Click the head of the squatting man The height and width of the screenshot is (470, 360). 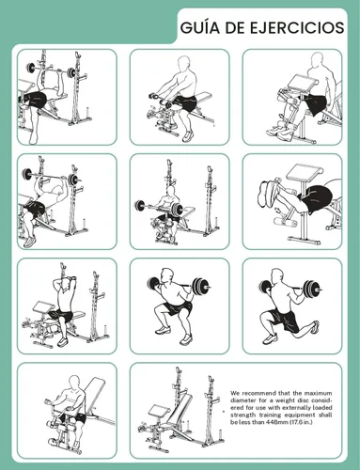(x=167, y=276)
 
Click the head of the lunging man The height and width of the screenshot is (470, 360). (x=276, y=276)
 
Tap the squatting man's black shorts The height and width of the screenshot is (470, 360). (x=178, y=308)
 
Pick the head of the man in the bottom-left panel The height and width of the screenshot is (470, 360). (x=74, y=383)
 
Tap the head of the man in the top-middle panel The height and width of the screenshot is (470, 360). (x=184, y=64)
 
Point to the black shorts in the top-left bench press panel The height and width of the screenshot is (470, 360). (x=35, y=100)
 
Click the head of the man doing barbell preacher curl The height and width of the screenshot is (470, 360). (x=171, y=191)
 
